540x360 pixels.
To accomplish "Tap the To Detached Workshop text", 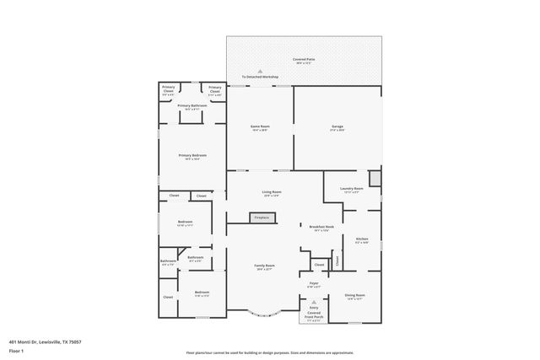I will click(x=260, y=77).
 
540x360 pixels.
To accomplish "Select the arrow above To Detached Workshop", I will click(x=260, y=71).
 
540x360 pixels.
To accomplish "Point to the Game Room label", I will click(x=259, y=127).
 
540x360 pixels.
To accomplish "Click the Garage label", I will click(x=337, y=127).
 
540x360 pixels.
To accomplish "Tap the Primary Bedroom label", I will click(x=192, y=156).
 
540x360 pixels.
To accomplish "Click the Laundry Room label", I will click(x=351, y=190).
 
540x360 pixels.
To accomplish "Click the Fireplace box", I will click(x=262, y=218).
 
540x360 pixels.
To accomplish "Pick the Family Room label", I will click(x=265, y=266).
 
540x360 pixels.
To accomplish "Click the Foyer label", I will click(x=313, y=284).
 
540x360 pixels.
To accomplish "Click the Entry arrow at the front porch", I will click(x=313, y=302).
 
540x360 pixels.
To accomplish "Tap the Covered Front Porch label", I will click(x=313, y=315).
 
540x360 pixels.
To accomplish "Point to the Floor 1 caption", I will click(x=17, y=351).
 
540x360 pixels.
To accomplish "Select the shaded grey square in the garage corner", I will click(x=375, y=178).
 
